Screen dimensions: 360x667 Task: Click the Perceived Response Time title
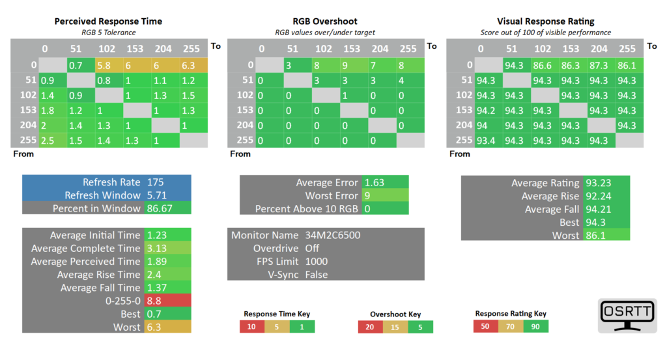coord(108,21)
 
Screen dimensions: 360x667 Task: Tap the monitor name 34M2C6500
coord(333,235)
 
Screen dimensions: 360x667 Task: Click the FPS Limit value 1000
coord(317,261)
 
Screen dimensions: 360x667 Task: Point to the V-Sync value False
coord(317,275)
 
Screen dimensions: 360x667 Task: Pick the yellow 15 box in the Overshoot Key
coord(395,327)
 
